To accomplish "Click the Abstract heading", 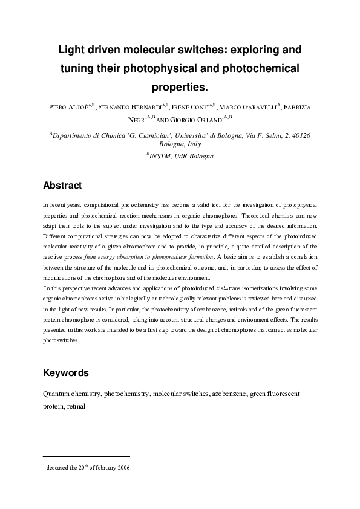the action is tap(62, 185).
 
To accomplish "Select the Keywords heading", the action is tap(67, 373).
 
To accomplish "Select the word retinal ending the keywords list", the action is tap(76, 407).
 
